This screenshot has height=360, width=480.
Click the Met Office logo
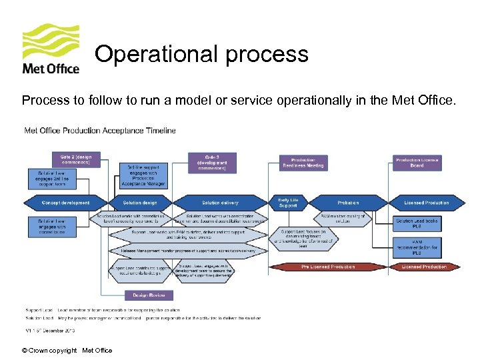tap(51, 49)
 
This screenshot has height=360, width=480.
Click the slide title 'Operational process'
tap(201, 54)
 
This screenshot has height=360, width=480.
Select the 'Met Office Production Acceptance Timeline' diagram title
tap(100, 131)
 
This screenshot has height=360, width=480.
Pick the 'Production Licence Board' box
tap(417, 163)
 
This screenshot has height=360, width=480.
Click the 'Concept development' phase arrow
tap(65, 203)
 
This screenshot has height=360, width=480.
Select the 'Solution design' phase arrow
tap(141, 203)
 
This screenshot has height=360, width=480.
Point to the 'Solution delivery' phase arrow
tap(220, 203)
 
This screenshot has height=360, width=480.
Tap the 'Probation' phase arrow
tap(347, 203)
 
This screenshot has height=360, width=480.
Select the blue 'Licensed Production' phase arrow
tap(426, 203)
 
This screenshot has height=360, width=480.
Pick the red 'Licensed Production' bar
tap(423, 267)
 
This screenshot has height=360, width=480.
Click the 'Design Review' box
tap(149, 295)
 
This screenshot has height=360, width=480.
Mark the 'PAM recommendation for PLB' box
tap(417, 247)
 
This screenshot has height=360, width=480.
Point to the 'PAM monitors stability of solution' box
tap(343, 218)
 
